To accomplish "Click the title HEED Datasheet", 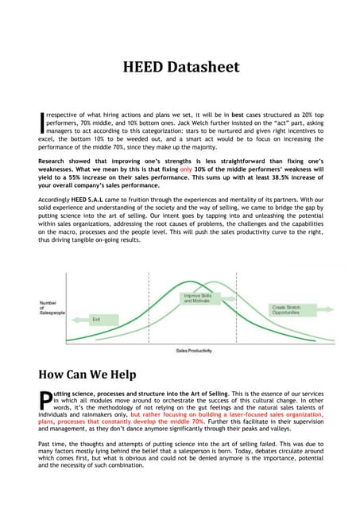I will click(x=180, y=68).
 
